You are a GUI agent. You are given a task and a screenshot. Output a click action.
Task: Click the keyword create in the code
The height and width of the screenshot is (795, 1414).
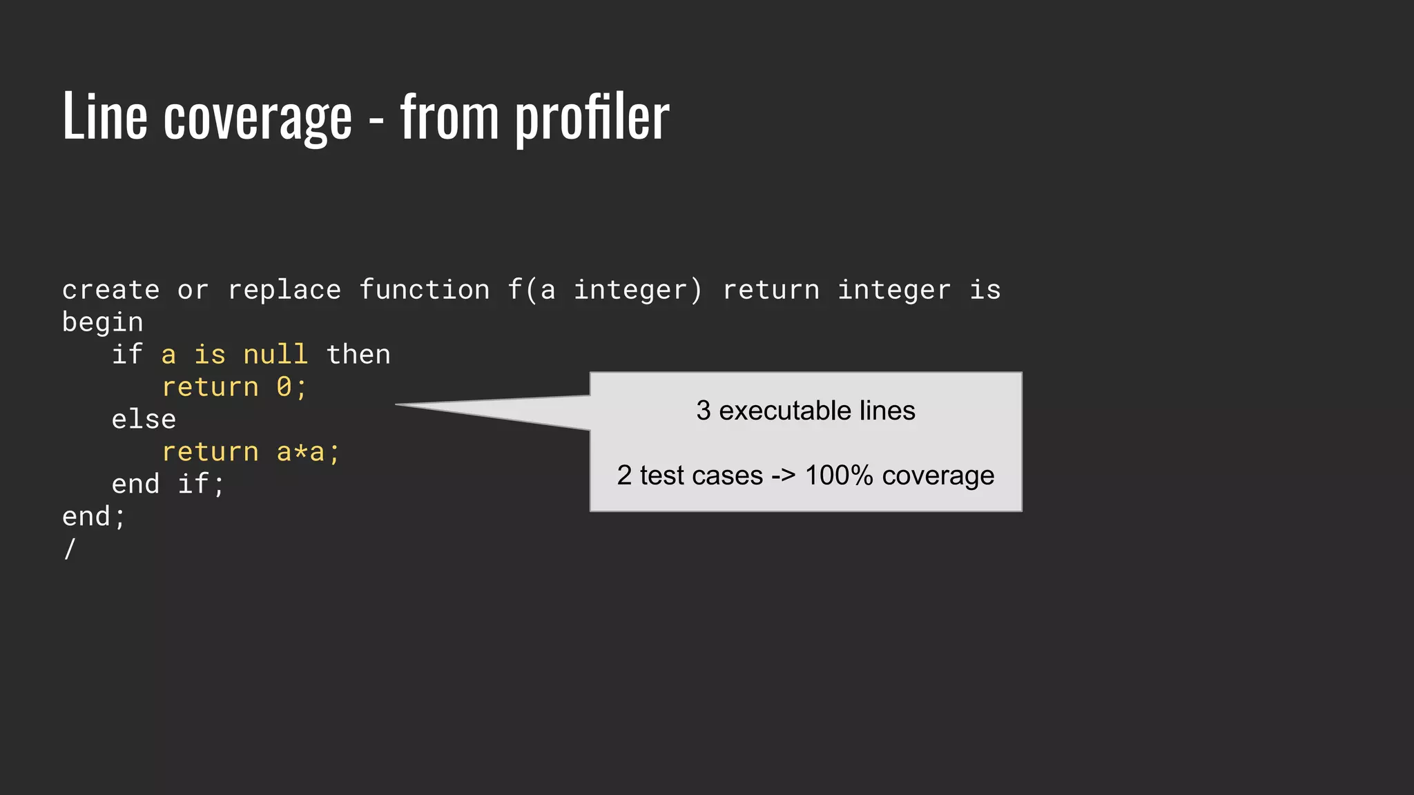110,290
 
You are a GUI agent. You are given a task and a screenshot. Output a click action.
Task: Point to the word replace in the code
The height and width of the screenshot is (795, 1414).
284,290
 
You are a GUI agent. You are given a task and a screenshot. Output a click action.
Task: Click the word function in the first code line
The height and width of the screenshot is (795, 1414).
424,290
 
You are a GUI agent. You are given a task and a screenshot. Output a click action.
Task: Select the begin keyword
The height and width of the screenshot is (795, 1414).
103,322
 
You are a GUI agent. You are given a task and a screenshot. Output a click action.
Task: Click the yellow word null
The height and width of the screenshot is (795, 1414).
275,355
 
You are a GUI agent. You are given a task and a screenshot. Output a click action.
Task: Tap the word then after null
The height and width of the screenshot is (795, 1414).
358,355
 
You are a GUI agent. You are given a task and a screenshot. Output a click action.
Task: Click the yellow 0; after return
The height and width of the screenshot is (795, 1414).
291,387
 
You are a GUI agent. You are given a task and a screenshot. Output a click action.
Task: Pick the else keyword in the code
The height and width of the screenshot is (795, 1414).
144,420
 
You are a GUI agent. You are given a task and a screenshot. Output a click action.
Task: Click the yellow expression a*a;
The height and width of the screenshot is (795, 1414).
308,452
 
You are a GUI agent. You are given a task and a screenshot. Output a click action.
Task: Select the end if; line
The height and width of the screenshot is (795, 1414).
168,484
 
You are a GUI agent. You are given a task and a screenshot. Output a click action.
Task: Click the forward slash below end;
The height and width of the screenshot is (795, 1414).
69,549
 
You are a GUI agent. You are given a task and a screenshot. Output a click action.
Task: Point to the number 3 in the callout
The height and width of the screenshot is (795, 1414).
703,411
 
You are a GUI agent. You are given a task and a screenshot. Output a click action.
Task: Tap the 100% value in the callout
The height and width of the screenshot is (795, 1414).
839,475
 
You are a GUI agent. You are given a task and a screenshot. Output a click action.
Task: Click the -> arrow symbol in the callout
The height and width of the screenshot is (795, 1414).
783,475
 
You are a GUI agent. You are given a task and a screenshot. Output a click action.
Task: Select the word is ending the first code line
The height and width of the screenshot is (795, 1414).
985,290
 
